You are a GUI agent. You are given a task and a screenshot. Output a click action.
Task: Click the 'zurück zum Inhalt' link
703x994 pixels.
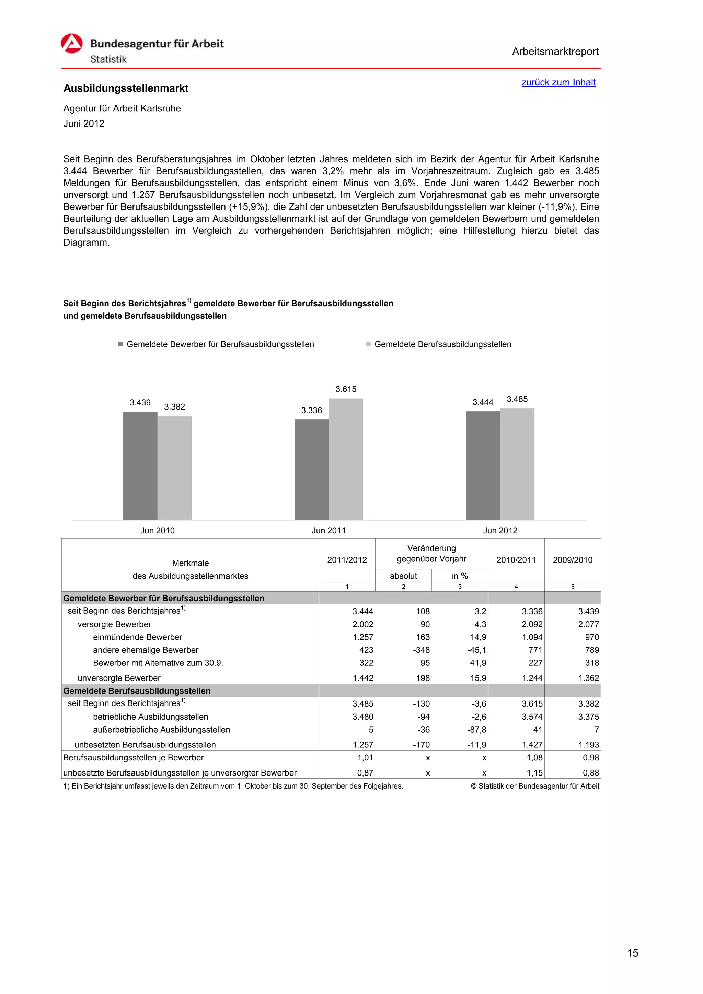tap(558, 82)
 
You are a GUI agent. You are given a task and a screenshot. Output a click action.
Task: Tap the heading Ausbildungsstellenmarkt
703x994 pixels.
tap(126, 88)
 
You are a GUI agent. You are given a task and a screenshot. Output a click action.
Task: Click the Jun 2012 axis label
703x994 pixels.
tap(500, 530)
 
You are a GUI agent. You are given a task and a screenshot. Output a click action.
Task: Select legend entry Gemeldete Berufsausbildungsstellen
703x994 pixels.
tap(442, 344)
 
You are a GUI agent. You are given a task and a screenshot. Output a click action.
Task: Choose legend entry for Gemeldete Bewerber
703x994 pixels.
tap(220, 344)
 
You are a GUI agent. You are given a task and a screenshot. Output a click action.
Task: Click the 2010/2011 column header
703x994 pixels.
tap(516, 560)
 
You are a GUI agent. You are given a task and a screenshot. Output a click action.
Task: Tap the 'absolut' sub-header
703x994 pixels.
tap(403, 576)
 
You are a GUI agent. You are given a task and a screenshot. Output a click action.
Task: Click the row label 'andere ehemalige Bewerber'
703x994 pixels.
tap(146, 650)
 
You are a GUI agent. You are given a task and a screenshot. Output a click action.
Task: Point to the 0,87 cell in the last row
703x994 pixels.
tap(365, 773)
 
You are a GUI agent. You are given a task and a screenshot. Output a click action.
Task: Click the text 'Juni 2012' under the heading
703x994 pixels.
tap(84, 123)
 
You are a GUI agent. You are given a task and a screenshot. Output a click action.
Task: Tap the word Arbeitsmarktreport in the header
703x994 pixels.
tap(555, 51)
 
